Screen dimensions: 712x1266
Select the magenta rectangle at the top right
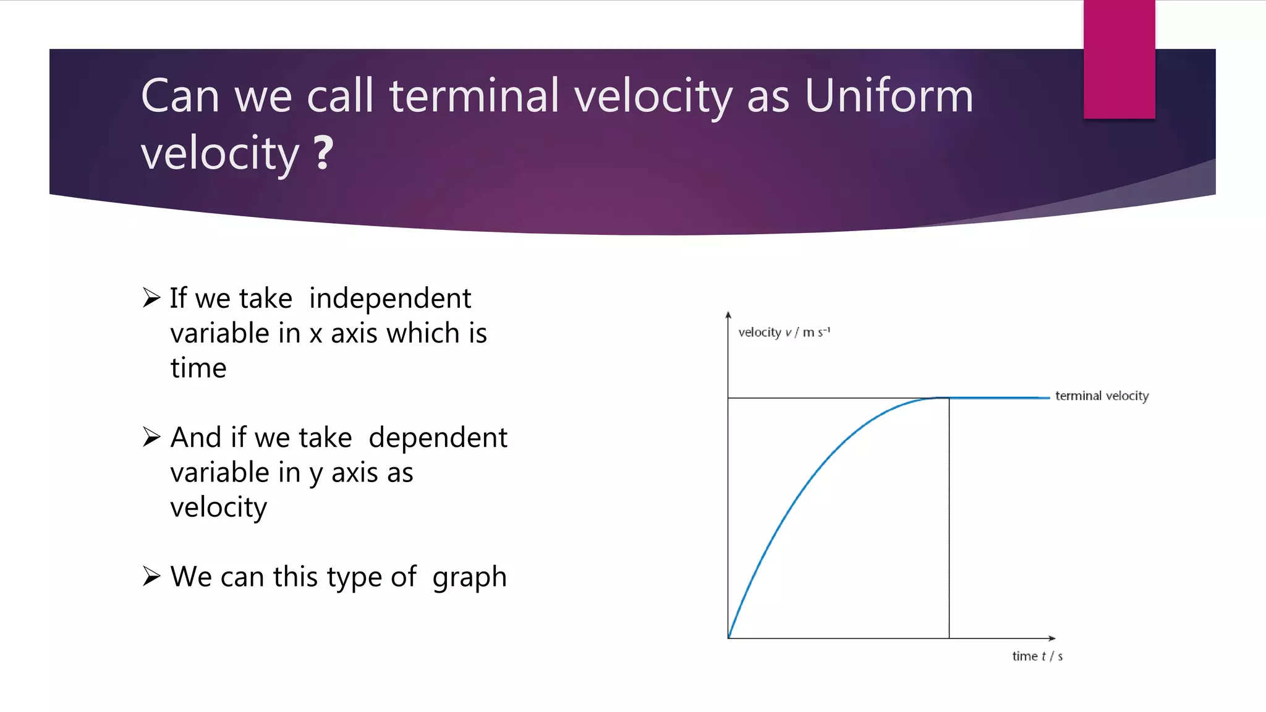click(x=1119, y=59)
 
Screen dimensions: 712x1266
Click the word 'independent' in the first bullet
click(x=390, y=299)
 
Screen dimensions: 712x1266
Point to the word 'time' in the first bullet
click(x=198, y=368)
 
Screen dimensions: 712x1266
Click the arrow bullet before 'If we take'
click(x=151, y=298)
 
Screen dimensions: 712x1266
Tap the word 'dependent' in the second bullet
click(x=438, y=438)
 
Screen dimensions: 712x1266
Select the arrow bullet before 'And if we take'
click(x=151, y=437)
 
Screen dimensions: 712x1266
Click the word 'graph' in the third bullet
click(x=469, y=577)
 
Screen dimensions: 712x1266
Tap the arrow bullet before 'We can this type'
click(x=151, y=576)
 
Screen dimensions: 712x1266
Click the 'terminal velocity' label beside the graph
click(x=1102, y=396)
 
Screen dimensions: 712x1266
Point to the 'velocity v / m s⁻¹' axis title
click(x=784, y=333)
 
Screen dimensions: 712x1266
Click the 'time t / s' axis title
click(x=1037, y=656)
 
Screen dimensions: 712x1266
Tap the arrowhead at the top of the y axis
click(x=728, y=315)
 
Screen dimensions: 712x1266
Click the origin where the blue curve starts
click(x=729, y=638)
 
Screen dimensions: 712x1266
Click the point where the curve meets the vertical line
click(x=949, y=398)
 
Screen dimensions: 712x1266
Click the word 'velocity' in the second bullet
click(x=218, y=508)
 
